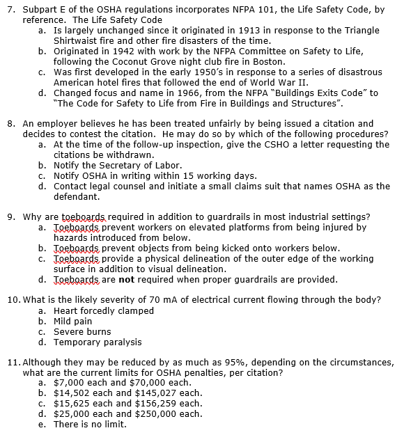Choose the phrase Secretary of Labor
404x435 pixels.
click(x=135, y=166)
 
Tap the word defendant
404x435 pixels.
click(x=78, y=197)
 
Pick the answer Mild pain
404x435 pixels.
click(x=73, y=321)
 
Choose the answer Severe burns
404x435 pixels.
click(x=82, y=331)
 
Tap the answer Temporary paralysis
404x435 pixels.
click(x=98, y=342)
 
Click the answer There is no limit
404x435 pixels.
click(x=91, y=425)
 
